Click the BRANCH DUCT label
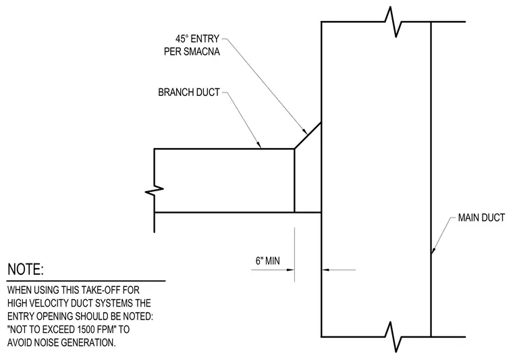189,93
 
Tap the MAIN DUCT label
481,217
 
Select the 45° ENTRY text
197,39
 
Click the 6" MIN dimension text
267,261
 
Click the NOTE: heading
26,269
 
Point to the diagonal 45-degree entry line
308,136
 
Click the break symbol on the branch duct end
155,190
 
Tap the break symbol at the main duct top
394,22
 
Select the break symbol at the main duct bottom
394,337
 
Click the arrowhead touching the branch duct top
259,145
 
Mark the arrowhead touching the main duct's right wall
433,251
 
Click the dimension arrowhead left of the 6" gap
290,270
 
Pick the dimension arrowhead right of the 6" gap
325,270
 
